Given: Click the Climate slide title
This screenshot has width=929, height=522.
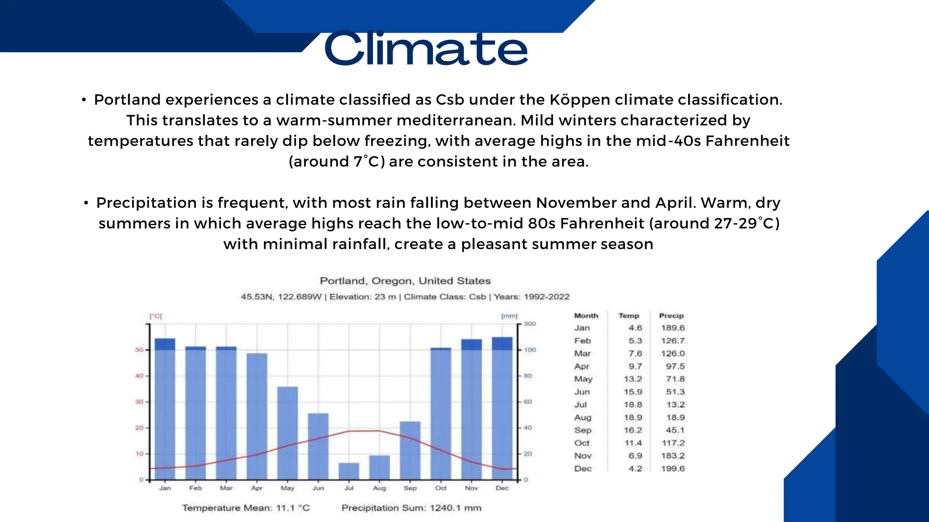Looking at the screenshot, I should (x=426, y=48).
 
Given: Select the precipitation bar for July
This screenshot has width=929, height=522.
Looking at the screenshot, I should (x=349, y=471).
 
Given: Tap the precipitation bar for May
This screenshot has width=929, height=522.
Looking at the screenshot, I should (x=288, y=433).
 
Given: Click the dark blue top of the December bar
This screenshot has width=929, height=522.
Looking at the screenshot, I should (x=502, y=343).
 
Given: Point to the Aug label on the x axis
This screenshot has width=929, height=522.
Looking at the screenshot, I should (x=379, y=488).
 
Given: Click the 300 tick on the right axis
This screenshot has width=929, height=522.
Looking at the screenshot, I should (x=530, y=324).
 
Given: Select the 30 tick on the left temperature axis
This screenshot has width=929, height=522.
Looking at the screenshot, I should (x=139, y=402).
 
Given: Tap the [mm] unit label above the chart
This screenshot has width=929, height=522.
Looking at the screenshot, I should (x=509, y=316).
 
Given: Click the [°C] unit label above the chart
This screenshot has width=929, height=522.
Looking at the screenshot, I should (x=156, y=316).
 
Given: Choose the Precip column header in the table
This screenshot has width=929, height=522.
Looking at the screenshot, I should (x=671, y=316).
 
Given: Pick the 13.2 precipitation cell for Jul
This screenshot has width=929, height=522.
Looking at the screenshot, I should (x=675, y=405).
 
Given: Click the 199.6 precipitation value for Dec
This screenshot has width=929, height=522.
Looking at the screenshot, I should (x=673, y=469).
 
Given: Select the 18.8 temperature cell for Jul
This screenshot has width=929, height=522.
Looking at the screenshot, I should (x=633, y=405).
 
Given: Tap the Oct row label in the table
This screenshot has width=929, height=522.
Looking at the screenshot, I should (x=582, y=443).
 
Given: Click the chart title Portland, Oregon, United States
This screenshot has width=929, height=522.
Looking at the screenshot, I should (x=405, y=281).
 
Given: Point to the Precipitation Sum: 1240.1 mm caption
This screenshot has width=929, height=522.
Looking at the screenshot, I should (x=411, y=508).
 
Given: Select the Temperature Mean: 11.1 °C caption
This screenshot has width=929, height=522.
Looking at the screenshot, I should (x=246, y=508).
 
